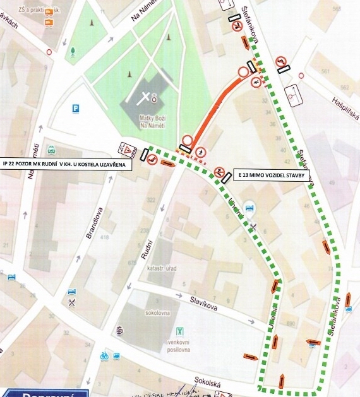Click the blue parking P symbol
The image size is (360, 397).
point(76,108)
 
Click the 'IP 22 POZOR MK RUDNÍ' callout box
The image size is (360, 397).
point(66,164)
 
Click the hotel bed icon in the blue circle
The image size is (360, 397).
point(249,207)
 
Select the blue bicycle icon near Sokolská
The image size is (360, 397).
point(104,356)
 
